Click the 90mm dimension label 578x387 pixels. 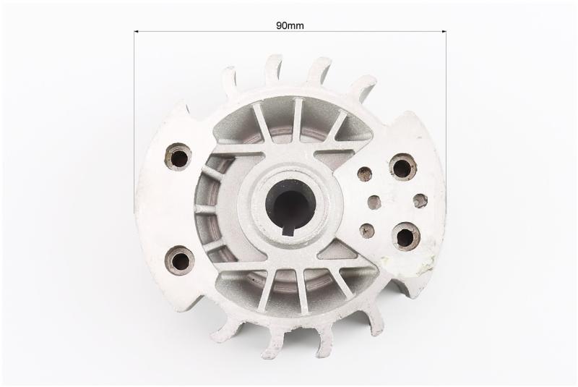click(290, 25)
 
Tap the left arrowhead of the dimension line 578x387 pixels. click(136, 32)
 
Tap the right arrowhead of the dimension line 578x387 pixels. click(444, 32)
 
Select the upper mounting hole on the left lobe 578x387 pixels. click(178, 157)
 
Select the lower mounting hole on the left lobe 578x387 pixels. click(180, 260)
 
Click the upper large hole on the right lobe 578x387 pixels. click(402, 168)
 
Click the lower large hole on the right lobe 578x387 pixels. click(406, 236)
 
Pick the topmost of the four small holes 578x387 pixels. click(365, 174)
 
